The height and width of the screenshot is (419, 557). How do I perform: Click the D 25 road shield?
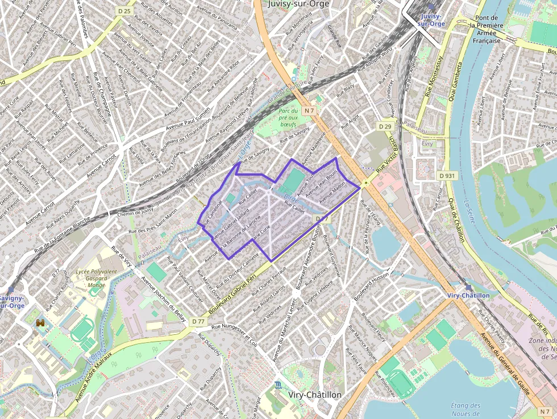tap(124, 11)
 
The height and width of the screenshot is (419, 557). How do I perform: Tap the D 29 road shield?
tap(385, 126)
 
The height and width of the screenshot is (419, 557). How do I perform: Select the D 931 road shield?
tap(448, 176)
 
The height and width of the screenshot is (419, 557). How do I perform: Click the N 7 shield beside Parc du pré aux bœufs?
tap(309, 110)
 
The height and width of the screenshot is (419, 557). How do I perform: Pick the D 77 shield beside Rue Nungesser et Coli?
tap(198, 321)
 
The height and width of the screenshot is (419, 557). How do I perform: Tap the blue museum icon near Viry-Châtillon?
tap(277, 385)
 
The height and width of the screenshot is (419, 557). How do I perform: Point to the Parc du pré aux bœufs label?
tap(293, 118)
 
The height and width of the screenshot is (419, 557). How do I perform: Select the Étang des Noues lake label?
tap(465, 410)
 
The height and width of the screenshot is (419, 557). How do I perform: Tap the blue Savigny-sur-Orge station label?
tap(10, 301)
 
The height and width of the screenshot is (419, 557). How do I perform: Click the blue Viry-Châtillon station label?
tap(468, 296)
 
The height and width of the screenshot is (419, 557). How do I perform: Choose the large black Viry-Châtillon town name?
tap(315, 395)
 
